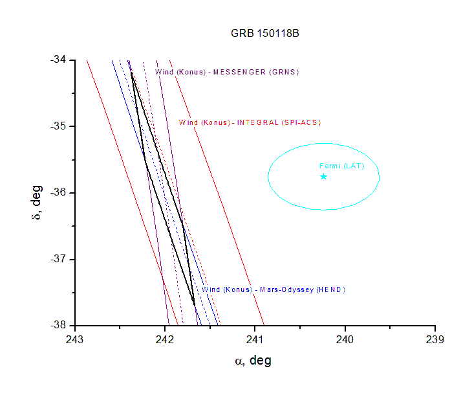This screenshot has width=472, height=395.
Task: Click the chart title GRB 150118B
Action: click(x=264, y=34)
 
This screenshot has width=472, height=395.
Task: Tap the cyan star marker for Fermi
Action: click(x=323, y=176)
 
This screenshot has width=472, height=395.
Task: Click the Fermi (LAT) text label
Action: click(x=342, y=166)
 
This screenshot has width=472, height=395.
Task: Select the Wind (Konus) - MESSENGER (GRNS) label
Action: click(x=227, y=72)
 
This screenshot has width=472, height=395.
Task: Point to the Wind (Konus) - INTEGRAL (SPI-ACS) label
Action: click(x=250, y=122)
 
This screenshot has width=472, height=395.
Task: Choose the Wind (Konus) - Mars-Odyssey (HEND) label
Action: click(x=274, y=289)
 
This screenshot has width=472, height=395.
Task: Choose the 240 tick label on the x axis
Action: click(x=345, y=339)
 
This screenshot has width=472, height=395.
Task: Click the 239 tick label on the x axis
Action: click(x=435, y=339)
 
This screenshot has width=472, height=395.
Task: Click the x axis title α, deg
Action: click(x=253, y=361)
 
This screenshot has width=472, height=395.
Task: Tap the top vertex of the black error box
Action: click(x=131, y=71)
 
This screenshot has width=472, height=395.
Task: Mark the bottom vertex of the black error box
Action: click(x=195, y=305)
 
